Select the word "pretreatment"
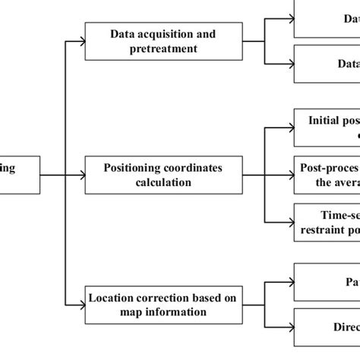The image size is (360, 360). coord(163,48)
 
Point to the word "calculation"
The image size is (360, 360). coord(163,182)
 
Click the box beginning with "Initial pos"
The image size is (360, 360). coord(327,128)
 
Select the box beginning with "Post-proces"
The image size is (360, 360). coord(327,175)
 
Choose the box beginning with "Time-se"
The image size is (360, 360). coord(327,222)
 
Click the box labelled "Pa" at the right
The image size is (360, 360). coord(327,283)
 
